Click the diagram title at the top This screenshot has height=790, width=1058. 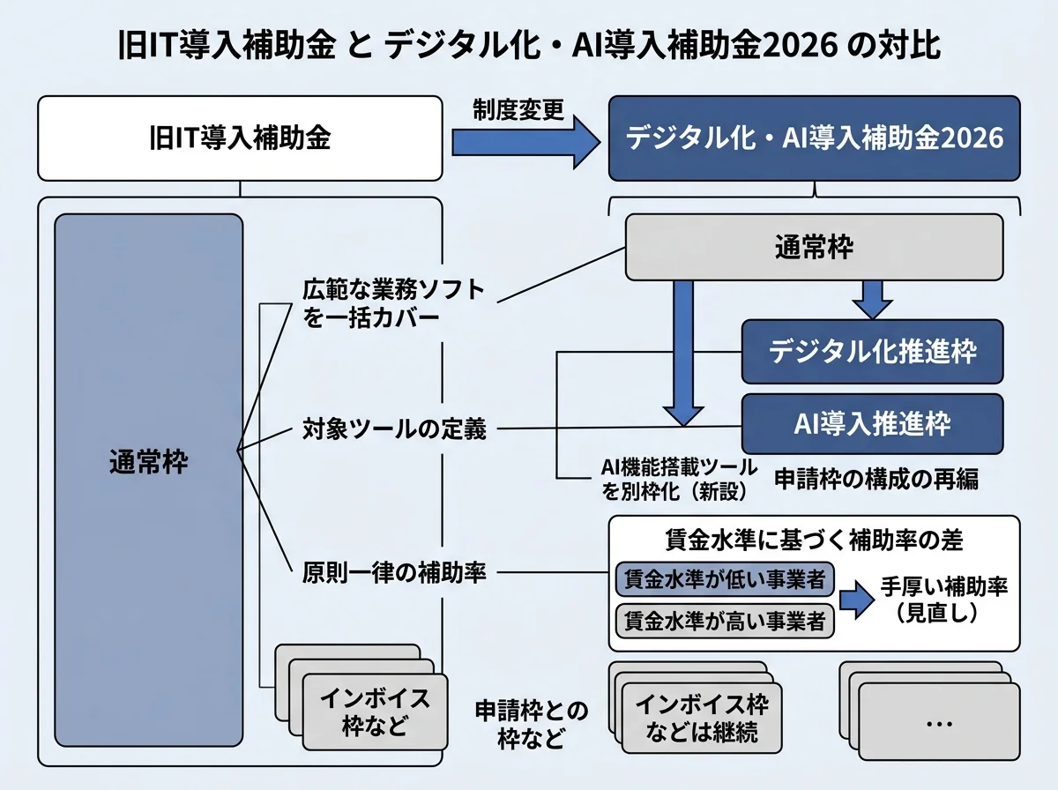pos(529,46)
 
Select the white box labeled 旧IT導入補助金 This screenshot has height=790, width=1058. pos(239,138)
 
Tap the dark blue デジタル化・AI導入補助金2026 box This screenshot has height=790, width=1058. pos(814,139)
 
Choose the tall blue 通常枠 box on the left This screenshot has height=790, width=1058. pos(148,481)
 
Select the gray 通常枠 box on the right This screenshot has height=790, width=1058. pos(814,248)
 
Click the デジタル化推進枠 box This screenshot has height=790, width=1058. pos(872,352)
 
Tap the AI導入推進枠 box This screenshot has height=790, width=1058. pos(872,424)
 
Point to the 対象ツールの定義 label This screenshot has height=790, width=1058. pos(394,430)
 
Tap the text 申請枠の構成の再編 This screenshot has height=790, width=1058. pos(876,479)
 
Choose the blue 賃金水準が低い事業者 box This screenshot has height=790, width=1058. pos(724,580)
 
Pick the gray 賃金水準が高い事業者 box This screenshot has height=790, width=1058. pos(724,619)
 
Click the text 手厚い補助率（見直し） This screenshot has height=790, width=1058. pos(943,600)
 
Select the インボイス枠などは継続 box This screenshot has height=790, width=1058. pos(702,719)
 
